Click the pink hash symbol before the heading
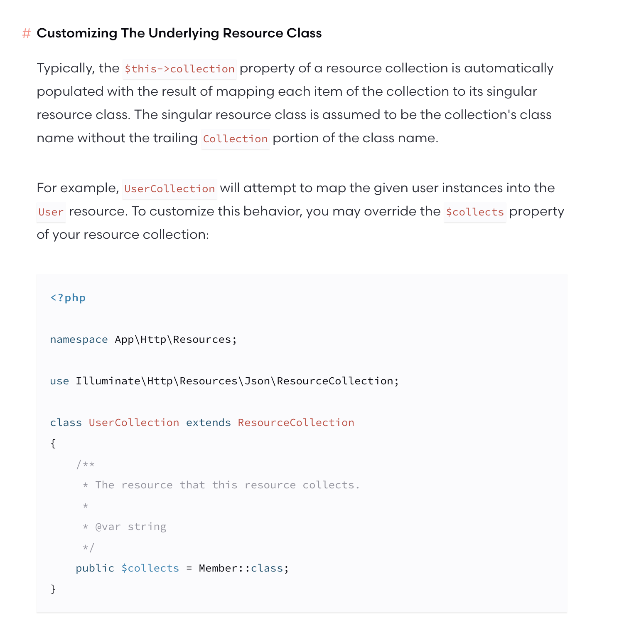[x=26, y=34]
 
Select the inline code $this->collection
[x=179, y=69]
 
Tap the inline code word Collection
[x=235, y=139]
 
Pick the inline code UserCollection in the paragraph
[x=170, y=189]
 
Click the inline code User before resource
[x=51, y=212]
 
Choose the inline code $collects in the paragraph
[x=474, y=212]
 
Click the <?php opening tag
[x=68, y=298]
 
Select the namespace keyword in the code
[x=79, y=339]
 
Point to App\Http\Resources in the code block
[x=172, y=339]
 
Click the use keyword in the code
[x=59, y=381]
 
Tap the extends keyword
[x=208, y=423]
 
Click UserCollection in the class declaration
[x=134, y=423]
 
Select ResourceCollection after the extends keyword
[x=296, y=423]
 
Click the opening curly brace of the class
[x=53, y=443]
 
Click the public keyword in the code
[x=95, y=568]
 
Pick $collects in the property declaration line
[x=150, y=568]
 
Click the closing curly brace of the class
[x=53, y=589]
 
